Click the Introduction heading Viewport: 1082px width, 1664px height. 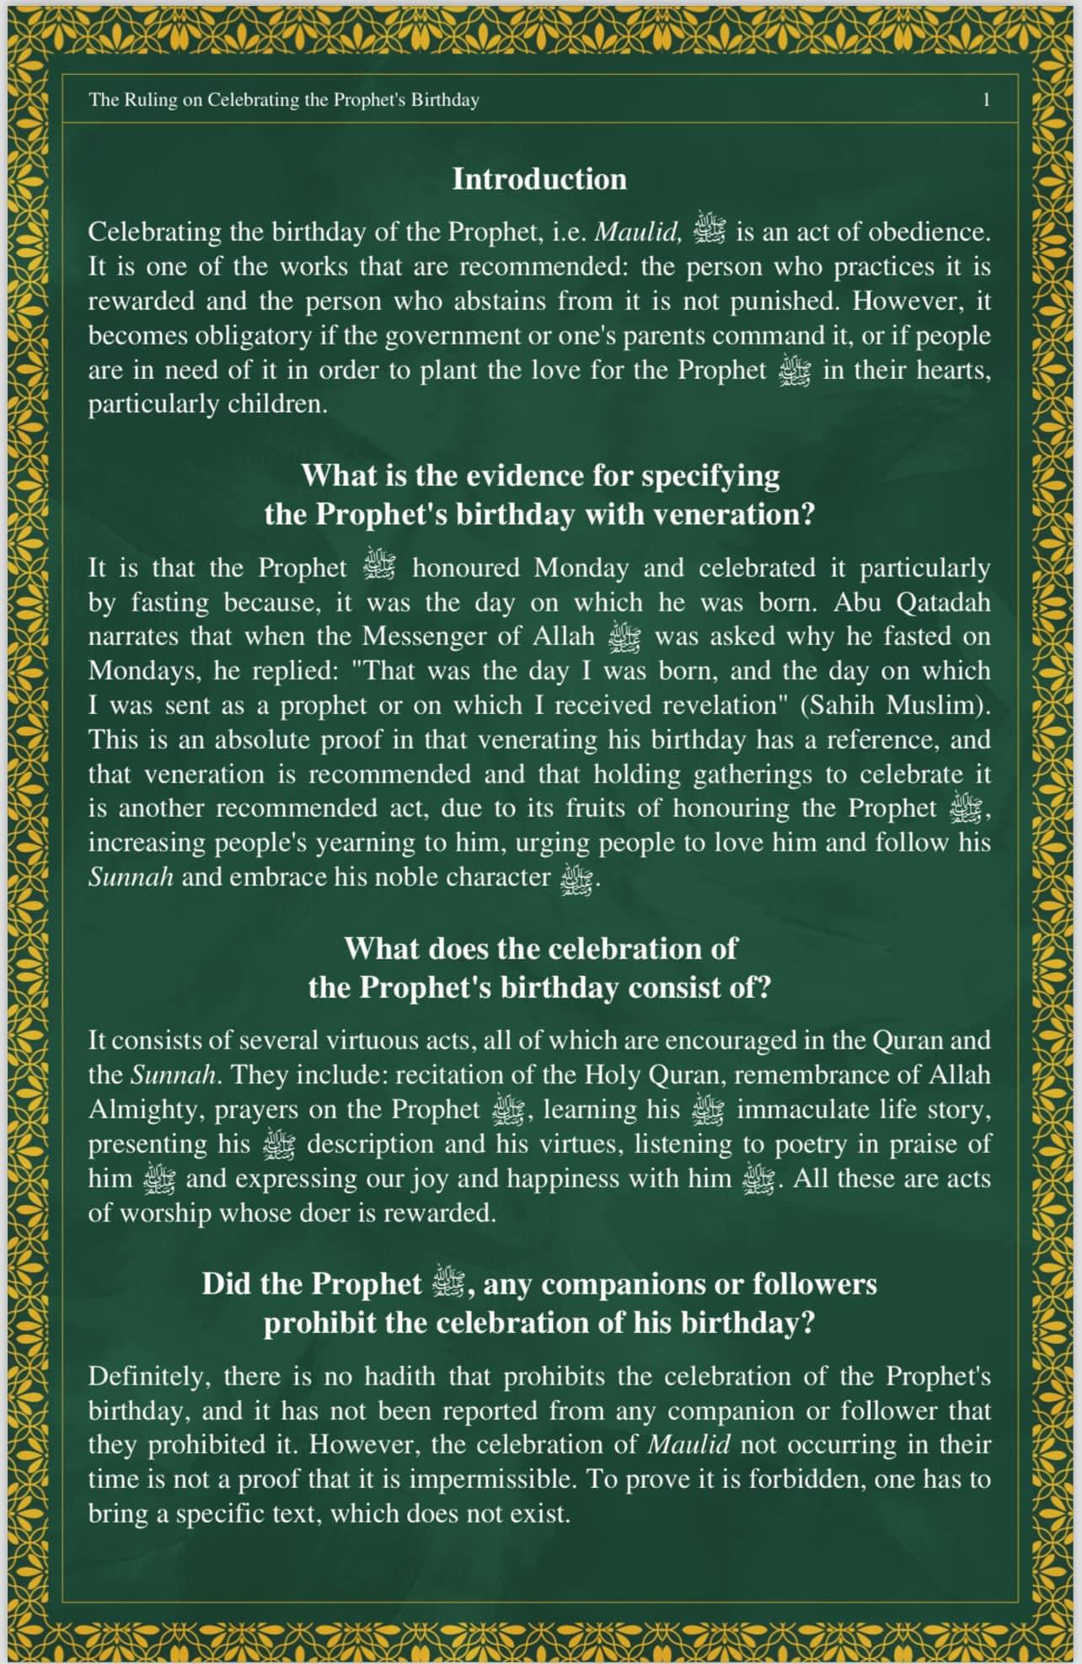539,179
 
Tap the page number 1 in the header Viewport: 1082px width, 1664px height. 986,100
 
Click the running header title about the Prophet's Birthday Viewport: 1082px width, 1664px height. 284,100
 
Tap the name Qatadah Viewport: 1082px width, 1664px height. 942,603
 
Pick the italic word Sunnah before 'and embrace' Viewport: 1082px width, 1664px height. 131,877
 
